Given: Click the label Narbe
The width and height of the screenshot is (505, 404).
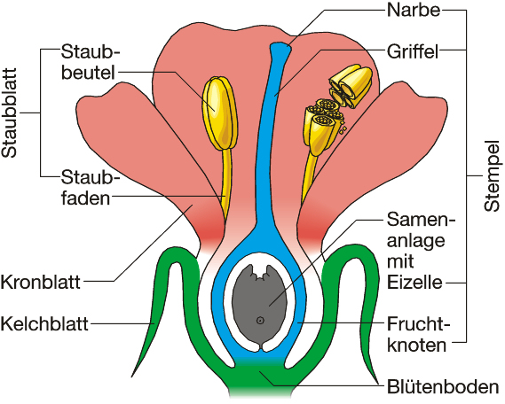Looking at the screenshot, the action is [x=414, y=11].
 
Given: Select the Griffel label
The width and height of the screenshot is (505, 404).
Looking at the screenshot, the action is [x=413, y=51].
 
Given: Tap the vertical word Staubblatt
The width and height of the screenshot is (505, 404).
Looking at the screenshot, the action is [x=9, y=113].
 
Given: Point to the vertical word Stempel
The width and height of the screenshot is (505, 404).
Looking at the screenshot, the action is [x=492, y=175].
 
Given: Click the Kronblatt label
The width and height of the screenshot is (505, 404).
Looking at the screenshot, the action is [x=40, y=283].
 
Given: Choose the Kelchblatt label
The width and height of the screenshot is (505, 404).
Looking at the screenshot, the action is [x=44, y=323].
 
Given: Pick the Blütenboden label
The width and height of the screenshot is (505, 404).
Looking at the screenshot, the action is [x=443, y=387].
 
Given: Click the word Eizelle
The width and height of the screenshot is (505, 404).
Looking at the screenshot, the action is [x=414, y=283].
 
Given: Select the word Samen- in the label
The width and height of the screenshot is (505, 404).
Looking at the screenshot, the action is [x=422, y=220].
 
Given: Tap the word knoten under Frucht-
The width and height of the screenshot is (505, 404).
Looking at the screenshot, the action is [x=416, y=346].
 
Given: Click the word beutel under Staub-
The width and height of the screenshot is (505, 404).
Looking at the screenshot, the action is [x=88, y=73].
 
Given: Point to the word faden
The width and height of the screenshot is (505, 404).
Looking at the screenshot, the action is [x=86, y=198].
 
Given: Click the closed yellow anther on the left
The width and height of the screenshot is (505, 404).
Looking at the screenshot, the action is [x=219, y=113].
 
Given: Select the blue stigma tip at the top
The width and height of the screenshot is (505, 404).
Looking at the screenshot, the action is [x=280, y=48].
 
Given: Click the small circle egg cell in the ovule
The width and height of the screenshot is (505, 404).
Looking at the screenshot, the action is [x=260, y=320].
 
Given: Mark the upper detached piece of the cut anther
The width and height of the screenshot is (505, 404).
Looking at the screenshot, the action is [x=351, y=85].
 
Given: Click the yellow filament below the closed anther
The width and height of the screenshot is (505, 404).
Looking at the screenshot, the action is [x=226, y=183].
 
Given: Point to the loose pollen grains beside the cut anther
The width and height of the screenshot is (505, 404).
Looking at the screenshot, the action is [x=343, y=128].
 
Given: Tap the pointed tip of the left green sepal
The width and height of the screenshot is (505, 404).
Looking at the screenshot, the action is [x=132, y=376].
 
